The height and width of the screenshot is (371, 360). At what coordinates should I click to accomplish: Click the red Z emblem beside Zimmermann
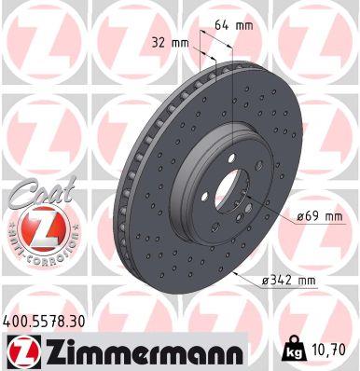pos(21,350)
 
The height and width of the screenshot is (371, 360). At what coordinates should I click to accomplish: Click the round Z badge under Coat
pos(35,230)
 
